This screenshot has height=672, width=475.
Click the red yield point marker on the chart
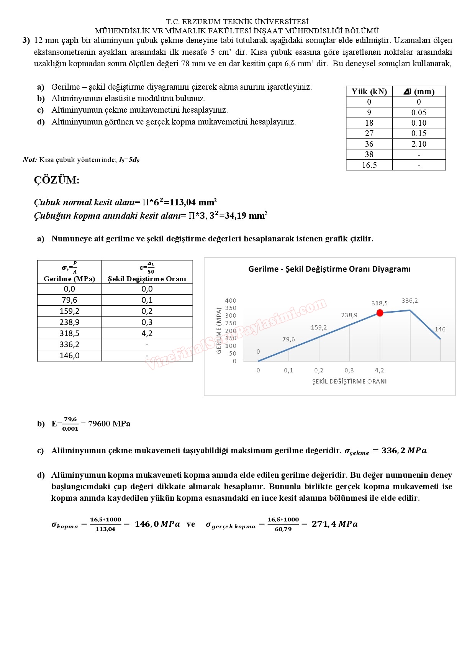click(x=380, y=313)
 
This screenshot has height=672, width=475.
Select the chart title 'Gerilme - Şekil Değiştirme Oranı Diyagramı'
click(x=329, y=269)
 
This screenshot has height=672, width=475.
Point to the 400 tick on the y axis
click(x=231, y=301)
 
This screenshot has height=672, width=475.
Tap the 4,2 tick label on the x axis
click(x=379, y=370)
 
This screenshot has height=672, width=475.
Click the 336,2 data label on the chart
click(x=409, y=301)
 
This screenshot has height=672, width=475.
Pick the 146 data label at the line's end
click(x=440, y=329)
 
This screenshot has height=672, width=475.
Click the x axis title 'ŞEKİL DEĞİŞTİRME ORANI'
click(x=349, y=382)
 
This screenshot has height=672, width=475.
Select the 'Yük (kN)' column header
click(x=369, y=92)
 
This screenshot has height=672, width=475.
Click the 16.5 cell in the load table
click(x=369, y=165)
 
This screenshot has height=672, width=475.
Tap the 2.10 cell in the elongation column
click(x=419, y=144)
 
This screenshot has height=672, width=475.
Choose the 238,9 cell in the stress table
click(x=69, y=322)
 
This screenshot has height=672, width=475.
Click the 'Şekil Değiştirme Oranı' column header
click(x=147, y=279)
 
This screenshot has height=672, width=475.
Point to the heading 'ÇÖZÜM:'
click(x=57, y=180)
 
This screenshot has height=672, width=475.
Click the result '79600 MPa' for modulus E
click(x=109, y=424)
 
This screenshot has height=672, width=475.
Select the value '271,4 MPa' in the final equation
click(x=334, y=524)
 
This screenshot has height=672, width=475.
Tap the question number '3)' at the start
click(x=26, y=41)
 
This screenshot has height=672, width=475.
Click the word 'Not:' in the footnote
click(x=29, y=160)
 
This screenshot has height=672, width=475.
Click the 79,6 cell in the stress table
click(x=69, y=300)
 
